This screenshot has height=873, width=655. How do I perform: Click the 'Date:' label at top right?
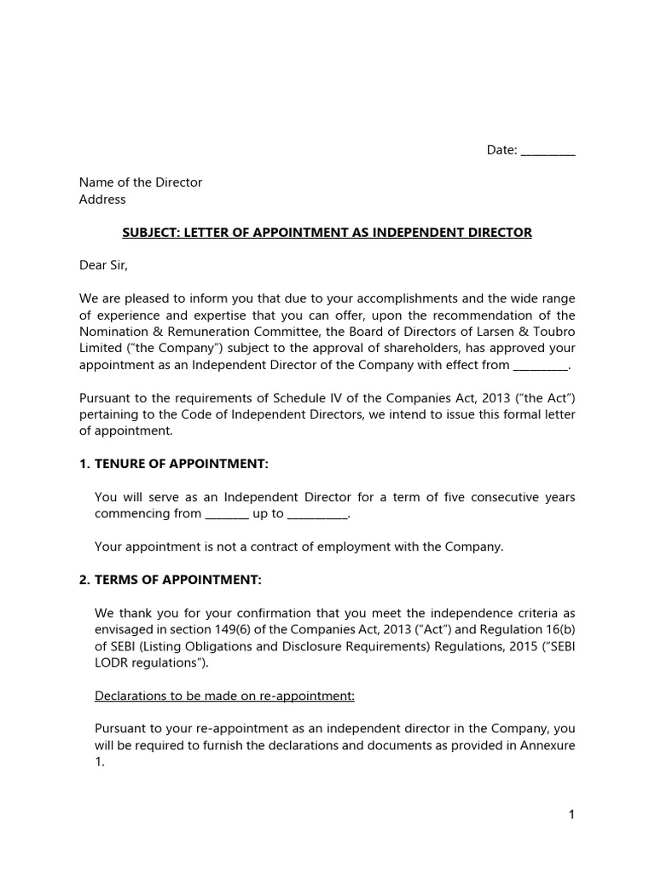tap(501, 150)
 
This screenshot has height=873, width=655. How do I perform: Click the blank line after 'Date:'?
tap(548, 152)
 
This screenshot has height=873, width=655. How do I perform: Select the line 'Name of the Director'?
tap(141, 182)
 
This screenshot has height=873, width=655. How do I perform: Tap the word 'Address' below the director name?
tap(102, 199)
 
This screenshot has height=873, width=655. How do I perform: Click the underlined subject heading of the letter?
tap(327, 233)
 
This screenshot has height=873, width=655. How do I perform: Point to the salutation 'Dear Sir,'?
tap(103, 265)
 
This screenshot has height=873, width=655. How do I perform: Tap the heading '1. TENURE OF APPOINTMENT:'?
tap(173, 464)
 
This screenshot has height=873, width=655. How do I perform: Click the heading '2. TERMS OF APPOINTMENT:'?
tap(170, 580)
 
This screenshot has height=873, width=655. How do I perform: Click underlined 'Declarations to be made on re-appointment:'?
tap(224, 696)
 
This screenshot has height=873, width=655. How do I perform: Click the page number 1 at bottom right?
tap(571, 815)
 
